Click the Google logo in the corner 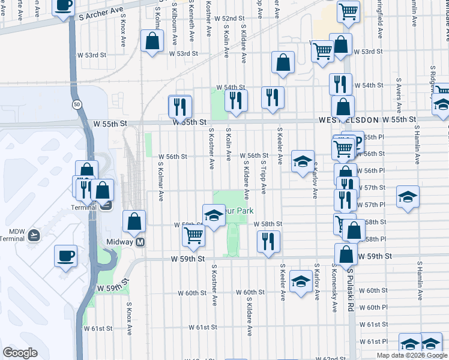(x=20, y=353)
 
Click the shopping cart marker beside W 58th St (x=193, y=236)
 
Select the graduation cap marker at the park (x=213, y=217)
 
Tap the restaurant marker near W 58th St (x=268, y=242)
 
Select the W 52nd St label (x=229, y=19)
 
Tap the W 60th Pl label (x=378, y=307)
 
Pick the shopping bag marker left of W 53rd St (x=152, y=41)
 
